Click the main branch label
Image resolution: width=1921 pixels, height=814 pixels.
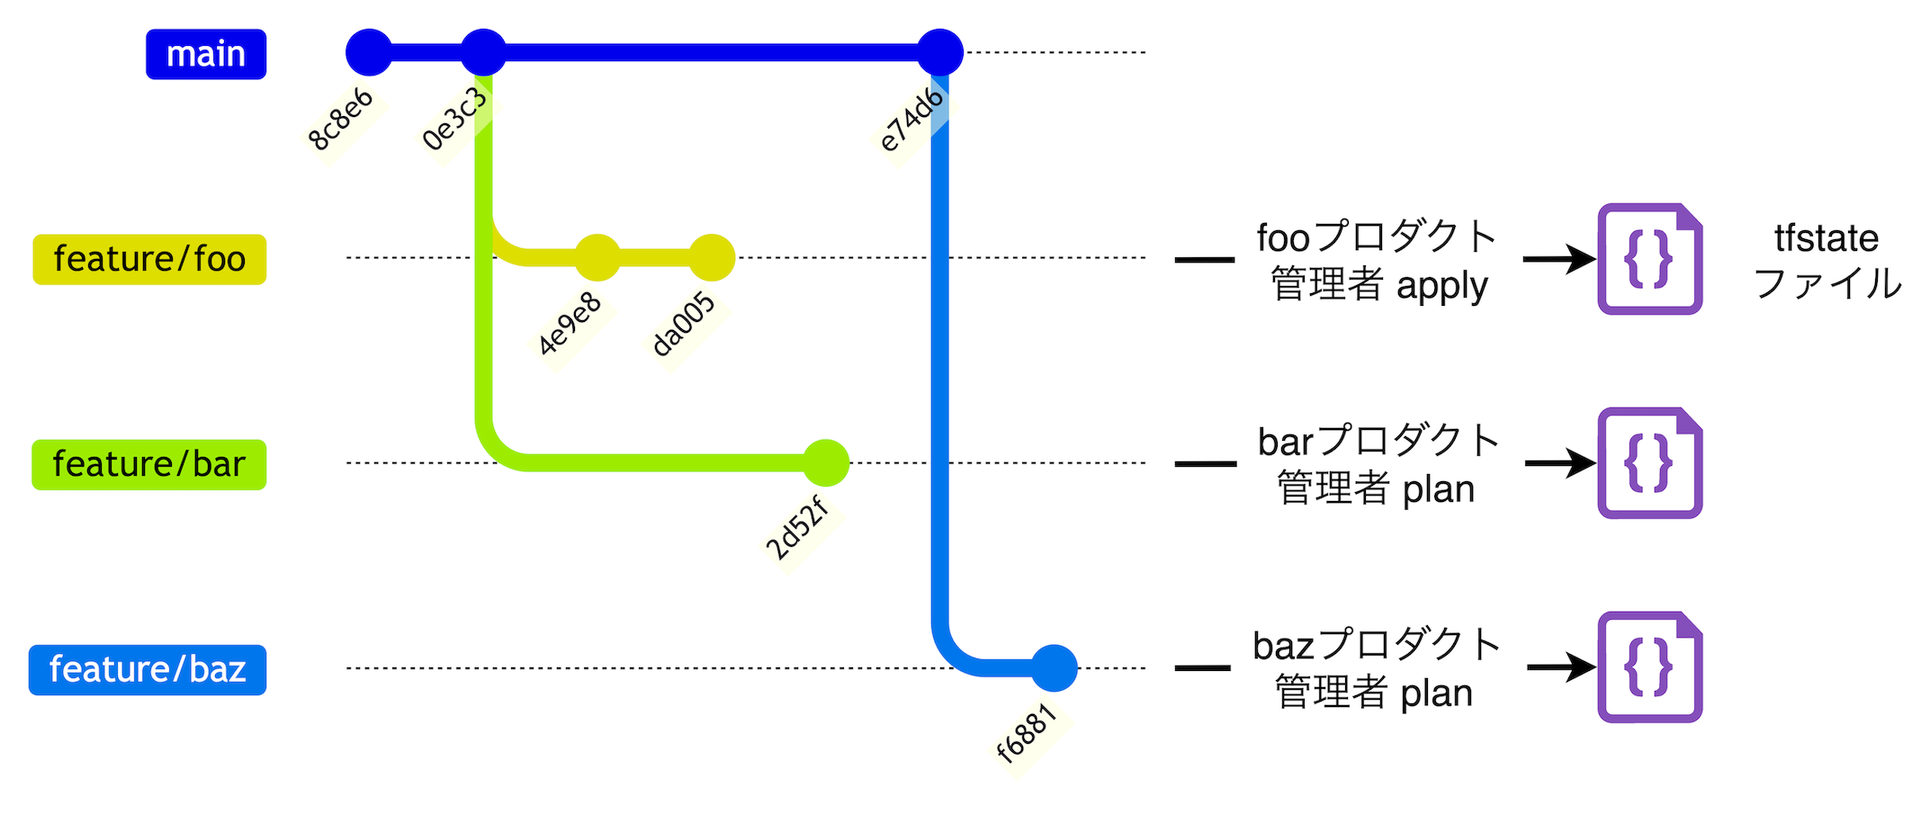[206, 54]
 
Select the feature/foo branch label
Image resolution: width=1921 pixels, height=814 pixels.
[149, 259]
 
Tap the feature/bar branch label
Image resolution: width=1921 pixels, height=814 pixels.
[148, 464]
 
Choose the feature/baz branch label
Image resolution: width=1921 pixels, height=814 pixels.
[148, 669]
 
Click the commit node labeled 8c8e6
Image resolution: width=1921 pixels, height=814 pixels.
[369, 52]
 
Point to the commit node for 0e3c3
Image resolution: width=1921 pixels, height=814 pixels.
[483, 52]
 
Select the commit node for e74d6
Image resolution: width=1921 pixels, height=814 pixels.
[940, 52]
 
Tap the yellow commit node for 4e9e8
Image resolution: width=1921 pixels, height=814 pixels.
[597, 258]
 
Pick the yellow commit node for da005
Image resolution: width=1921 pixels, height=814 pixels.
[712, 258]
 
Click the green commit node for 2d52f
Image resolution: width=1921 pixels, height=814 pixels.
[826, 463]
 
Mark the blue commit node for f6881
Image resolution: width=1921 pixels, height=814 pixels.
[1055, 668]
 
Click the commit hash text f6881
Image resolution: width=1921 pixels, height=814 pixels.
[1027, 733]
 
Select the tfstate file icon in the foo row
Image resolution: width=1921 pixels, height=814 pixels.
[1649, 259]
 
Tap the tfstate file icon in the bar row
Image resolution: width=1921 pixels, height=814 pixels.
[1649, 463]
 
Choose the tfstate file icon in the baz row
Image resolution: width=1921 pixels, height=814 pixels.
[1649, 667]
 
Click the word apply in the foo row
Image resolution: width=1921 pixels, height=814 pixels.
[1442, 287]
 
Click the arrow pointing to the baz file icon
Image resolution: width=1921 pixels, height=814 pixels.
[1561, 667]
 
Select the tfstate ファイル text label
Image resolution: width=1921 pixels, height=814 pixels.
[1827, 261]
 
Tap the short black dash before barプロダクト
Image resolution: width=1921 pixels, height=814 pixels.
[1206, 464]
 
